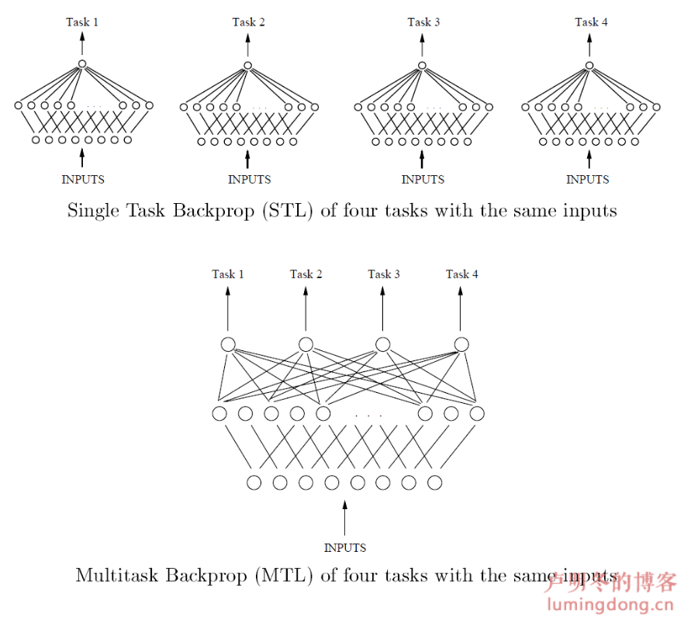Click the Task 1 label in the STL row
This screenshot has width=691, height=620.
(x=81, y=22)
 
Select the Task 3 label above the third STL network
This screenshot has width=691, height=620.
(x=423, y=22)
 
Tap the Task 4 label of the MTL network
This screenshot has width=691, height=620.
(x=461, y=274)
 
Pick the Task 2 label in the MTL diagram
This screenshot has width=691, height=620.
(x=306, y=274)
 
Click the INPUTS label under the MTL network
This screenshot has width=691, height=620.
(x=345, y=548)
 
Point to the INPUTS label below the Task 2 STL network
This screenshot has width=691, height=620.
(x=249, y=180)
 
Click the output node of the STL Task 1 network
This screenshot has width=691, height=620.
(x=81, y=65)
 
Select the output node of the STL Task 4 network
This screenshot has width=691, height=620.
(x=589, y=65)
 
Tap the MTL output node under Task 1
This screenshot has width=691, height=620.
(x=228, y=345)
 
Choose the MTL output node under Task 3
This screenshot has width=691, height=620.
(x=382, y=345)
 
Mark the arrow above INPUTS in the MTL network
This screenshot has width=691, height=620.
(x=345, y=518)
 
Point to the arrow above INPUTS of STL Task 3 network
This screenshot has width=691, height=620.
(x=422, y=158)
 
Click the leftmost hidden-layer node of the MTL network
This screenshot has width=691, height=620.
(x=219, y=413)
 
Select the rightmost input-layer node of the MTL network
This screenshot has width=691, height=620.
(x=434, y=483)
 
